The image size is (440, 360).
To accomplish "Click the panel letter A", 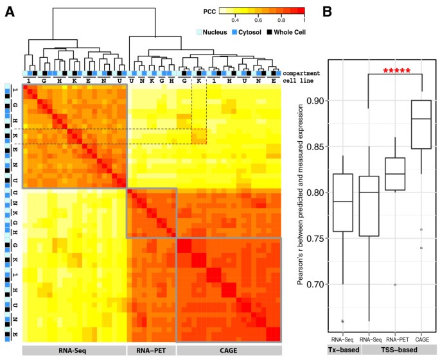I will pyautogui.click(x=10, y=12).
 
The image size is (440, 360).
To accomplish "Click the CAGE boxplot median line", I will pyautogui.click(x=421, y=119).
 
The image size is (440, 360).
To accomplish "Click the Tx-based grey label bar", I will pyautogui.click(x=342, y=349).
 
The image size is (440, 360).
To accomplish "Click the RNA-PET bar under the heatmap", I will pyautogui.click(x=151, y=350).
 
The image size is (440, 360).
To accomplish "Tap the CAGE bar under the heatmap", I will pyautogui.click(x=229, y=350).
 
